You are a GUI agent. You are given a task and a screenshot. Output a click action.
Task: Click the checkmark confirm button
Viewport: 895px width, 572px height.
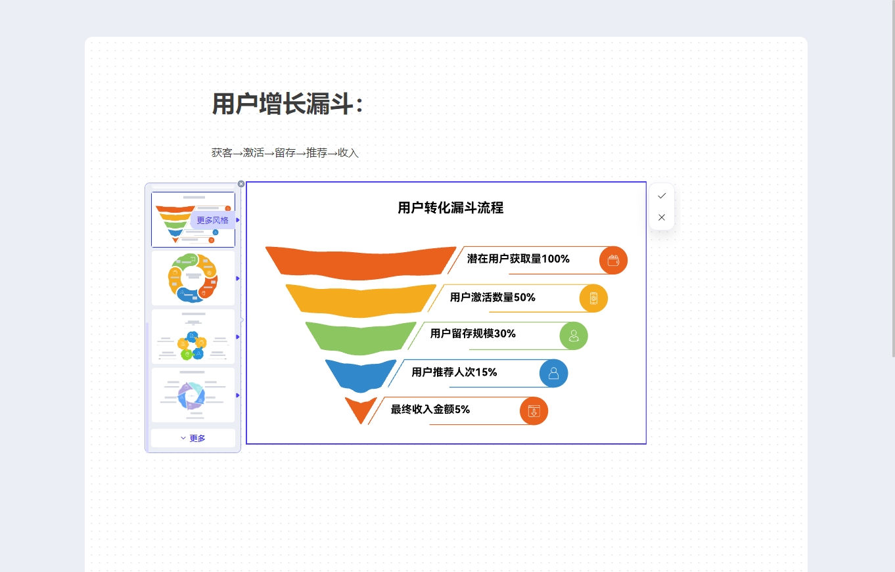pos(662,196)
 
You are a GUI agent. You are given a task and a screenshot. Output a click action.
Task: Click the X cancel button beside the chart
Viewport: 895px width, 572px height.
pos(662,217)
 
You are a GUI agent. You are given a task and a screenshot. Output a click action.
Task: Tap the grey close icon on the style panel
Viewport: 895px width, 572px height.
pos(241,184)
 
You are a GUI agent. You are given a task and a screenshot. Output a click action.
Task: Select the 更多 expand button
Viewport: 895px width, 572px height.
pos(193,438)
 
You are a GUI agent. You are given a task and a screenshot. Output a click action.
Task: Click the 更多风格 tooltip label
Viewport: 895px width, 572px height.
pos(212,220)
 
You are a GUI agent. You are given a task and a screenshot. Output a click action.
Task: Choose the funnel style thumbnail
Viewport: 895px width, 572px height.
pos(193,219)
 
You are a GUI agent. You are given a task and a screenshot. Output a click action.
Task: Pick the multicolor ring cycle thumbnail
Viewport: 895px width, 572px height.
pos(193,278)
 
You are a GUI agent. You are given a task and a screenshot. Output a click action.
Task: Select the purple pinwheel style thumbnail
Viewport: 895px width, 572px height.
pos(193,395)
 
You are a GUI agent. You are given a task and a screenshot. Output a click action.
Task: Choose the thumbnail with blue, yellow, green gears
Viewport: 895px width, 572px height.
pos(193,337)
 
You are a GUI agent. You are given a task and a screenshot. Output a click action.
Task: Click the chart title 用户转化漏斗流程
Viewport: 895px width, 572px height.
pos(451,208)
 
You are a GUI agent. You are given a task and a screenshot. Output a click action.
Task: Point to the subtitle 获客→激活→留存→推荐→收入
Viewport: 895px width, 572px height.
pos(285,152)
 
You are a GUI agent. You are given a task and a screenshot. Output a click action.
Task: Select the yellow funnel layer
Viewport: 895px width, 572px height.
pos(360,300)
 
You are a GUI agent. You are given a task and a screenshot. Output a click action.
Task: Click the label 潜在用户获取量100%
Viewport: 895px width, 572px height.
pos(518,259)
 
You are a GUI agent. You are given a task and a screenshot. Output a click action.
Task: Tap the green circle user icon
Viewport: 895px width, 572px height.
pos(574,336)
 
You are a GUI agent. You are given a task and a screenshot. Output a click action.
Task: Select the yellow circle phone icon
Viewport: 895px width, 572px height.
pos(593,298)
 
